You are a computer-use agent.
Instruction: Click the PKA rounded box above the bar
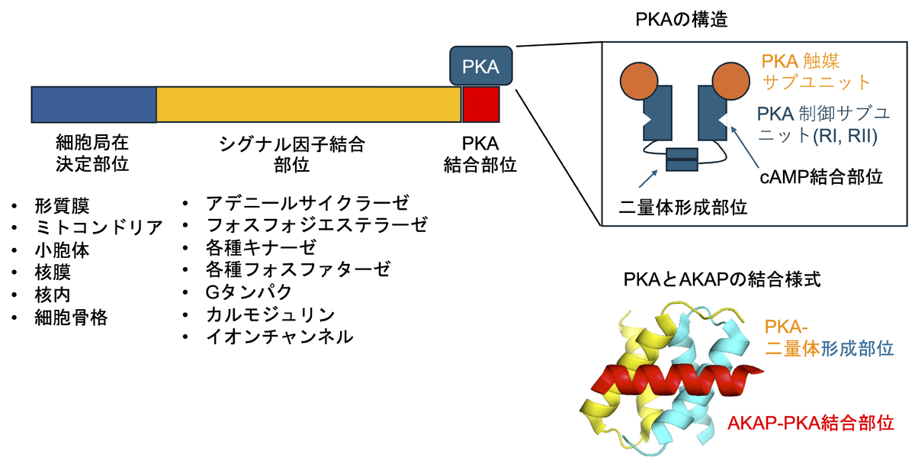(481, 66)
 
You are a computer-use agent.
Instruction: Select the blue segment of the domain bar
(94, 105)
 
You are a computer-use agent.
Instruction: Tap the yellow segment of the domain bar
(308, 105)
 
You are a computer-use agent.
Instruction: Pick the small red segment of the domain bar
(481, 105)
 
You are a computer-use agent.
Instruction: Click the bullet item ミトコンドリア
(98, 227)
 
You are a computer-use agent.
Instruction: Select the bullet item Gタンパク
(248, 292)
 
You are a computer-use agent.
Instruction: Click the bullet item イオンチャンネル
(279, 336)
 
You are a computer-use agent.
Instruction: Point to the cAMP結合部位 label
(822, 178)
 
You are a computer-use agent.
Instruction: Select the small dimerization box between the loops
(682, 160)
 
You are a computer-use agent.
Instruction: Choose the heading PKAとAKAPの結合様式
(721, 276)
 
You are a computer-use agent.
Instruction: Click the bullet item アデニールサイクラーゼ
(307, 204)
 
